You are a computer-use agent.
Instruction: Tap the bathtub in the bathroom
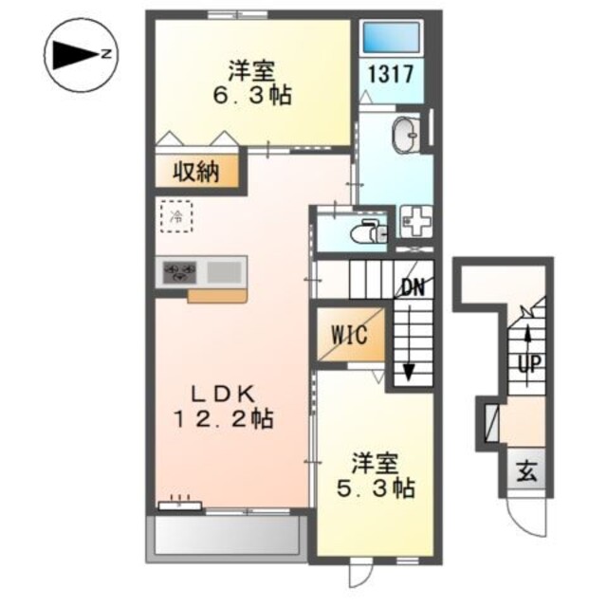[392, 37]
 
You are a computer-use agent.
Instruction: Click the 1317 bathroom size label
[392, 74]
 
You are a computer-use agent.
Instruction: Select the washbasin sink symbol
[406, 135]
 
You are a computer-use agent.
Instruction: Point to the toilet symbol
[368, 231]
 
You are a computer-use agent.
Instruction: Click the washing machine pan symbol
[415, 221]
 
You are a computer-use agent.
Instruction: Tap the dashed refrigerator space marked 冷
[176, 216]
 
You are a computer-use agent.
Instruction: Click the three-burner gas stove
[179, 272]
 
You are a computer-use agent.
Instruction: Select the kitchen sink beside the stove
[224, 272]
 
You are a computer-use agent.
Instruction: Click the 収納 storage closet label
[196, 172]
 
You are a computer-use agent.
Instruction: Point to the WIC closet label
[349, 334]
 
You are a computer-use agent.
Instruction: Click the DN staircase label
[414, 287]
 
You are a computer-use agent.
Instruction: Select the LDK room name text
[225, 395]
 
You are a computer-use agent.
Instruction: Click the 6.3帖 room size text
[252, 96]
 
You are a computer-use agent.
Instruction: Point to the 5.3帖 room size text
[376, 488]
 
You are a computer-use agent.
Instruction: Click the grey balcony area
[227, 537]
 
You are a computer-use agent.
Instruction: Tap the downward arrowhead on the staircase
[409, 373]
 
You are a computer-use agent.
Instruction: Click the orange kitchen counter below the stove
[217, 296]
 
